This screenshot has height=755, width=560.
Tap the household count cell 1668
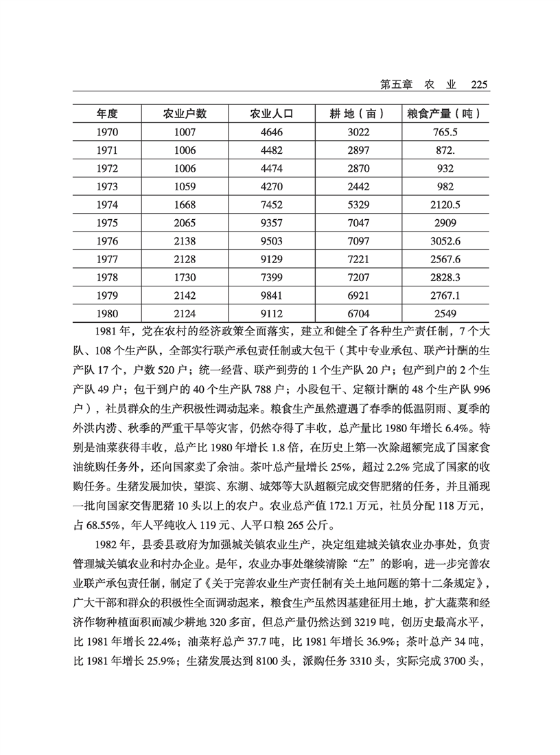(185, 204)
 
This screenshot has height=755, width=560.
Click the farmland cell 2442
(358, 186)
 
